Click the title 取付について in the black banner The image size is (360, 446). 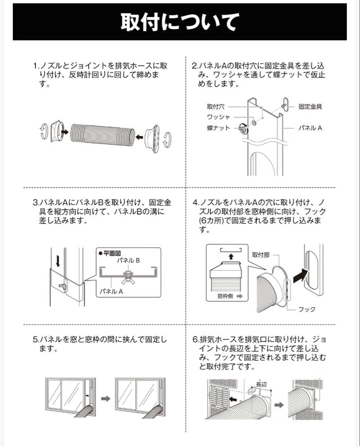[180, 22]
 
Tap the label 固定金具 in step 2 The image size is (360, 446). [310, 107]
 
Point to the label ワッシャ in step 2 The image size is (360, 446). [218, 117]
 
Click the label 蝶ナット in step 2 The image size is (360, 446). [218, 128]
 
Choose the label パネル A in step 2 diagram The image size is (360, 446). [310, 128]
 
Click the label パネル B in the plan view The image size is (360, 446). [128, 261]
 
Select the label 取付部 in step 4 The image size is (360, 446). [261, 255]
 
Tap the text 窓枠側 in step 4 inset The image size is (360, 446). [225, 296]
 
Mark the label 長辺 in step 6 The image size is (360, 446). [261, 384]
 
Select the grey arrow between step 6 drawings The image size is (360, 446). [279, 405]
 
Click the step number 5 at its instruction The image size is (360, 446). [35, 339]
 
